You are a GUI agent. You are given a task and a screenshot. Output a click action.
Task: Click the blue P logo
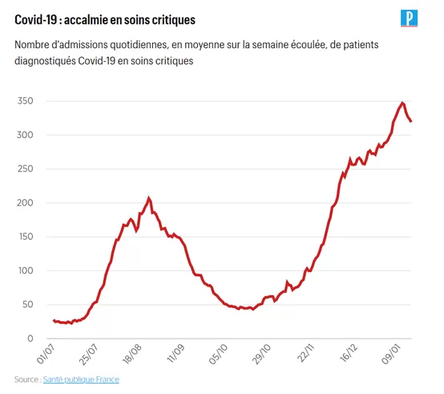pyautogui.click(x=409, y=18)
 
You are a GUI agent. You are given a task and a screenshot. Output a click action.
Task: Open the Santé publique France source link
pyautogui.click(x=81, y=380)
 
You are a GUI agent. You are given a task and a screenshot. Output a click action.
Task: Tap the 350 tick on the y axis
pyautogui.click(x=25, y=101)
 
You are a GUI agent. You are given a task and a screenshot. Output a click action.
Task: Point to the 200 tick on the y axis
pyautogui.click(x=25, y=203)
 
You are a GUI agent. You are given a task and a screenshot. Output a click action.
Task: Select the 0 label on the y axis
pyautogui.click(x=30, y=338)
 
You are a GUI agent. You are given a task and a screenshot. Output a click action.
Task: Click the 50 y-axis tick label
pyautogui.click(x=27, y=304)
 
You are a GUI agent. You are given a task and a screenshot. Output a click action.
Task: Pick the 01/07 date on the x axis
pyautogui.click(x=46, y=355)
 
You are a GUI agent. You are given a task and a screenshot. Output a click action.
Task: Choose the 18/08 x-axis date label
pyautogui.click(x=132, y=355)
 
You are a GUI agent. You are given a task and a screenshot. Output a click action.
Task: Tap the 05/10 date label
pyautogui.click(x=218, y=355)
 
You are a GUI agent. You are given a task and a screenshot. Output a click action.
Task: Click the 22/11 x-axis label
pyautogui.click(x=306, y=353)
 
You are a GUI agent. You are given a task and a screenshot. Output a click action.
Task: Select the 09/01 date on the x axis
pyautogui.click(x=391, y=355)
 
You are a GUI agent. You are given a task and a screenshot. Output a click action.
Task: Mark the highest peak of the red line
pyautogui.click(x=402, y=103)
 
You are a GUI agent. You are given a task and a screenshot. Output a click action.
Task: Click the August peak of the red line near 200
pyautogui.click(x=148, y=198)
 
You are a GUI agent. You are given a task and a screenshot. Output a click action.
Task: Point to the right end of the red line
pyautogui.click(x=411, y=121)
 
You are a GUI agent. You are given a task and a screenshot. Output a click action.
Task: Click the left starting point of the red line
pyautogui.click(x=54, y=321)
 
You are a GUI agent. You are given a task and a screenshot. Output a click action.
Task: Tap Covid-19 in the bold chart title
pyautogui.click(x=36, y=20)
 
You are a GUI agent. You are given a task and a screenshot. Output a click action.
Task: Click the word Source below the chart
pyautogui.click(x=26, y=380)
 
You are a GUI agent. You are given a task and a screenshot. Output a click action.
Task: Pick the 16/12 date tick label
pyautogui.click(x=349, y=354)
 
